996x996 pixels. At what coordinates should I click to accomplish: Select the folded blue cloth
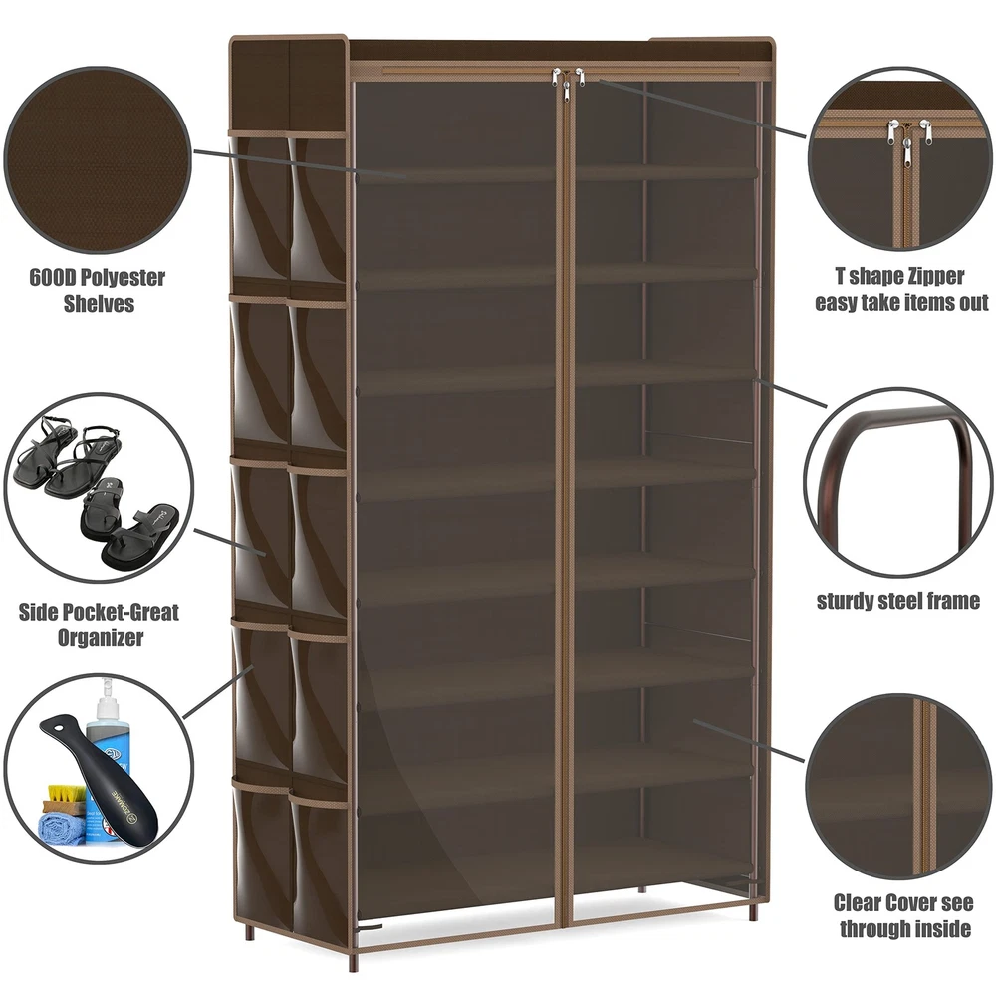(x=61, y=830)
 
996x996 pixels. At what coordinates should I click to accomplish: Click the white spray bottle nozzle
(x=105, y=688)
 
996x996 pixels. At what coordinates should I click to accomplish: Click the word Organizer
(x=101, y=637)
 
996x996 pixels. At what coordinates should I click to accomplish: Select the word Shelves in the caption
(x=99, y=303)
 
